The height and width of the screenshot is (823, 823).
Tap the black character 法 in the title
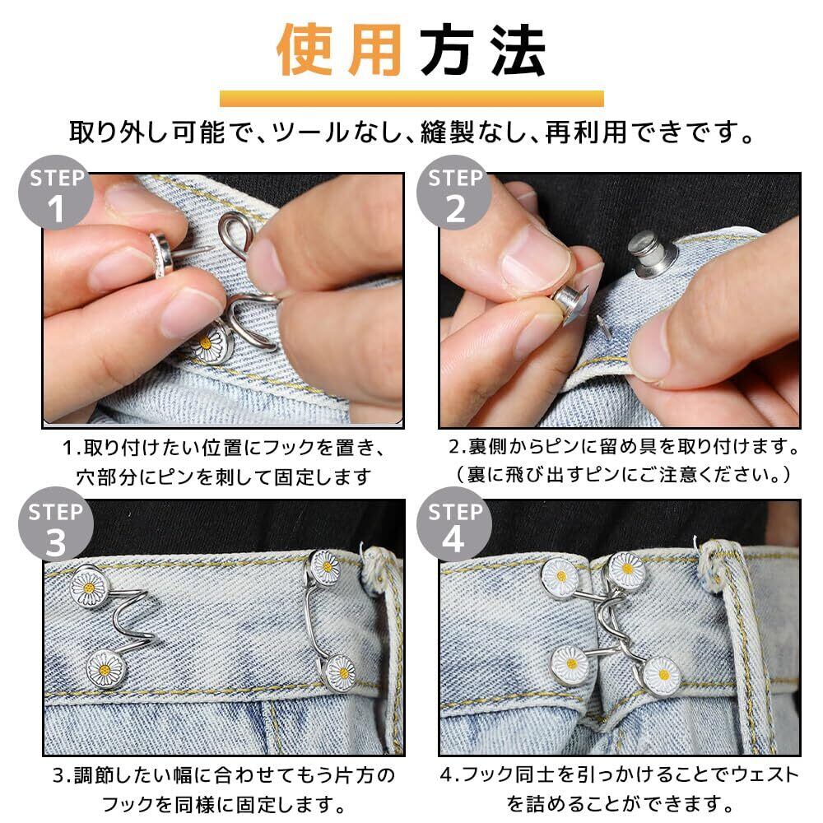point(518,50)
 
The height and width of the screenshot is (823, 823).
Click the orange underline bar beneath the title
point(411,99)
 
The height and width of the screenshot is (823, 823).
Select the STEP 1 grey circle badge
point(56,192)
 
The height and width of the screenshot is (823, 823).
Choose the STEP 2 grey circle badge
point(454,192)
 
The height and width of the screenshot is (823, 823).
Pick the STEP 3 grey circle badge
point(56,524)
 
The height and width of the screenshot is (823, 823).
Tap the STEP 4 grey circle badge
point(454,524)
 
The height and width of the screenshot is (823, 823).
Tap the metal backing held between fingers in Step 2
point(570,304)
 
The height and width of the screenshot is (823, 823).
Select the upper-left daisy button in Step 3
point(90,586)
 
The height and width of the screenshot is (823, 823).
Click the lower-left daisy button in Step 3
point(105,669)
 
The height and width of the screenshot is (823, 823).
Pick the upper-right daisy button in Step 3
point(326,567)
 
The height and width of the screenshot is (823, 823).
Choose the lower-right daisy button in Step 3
point(340,673)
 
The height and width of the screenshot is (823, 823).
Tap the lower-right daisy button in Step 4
point(663,675)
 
